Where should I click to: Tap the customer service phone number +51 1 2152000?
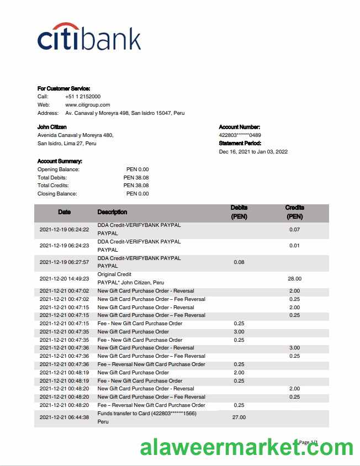coord(83,97)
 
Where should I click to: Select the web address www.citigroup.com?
coord(88,105)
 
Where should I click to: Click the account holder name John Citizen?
coord(52,127)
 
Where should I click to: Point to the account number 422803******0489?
coord(240,135)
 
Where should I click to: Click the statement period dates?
coord(253,152)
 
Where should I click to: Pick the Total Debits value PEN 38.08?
coord(136,178)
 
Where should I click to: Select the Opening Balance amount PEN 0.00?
coord(137,170)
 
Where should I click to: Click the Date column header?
coord(64,212)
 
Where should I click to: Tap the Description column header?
coord(112,212)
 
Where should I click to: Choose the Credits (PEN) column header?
coord(294,213)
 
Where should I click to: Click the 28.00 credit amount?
coord(294,279)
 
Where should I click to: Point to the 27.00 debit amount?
coord(239,417)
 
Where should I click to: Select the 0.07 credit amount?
coord(294,230)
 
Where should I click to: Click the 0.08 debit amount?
coord(239,262)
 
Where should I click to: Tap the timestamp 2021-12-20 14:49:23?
coord(64,279)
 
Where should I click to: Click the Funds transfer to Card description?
coord(147,414)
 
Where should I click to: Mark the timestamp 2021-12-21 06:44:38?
coord(64,417)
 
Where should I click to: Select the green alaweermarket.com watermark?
coord(246,447)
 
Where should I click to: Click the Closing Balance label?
coord(57,194)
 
